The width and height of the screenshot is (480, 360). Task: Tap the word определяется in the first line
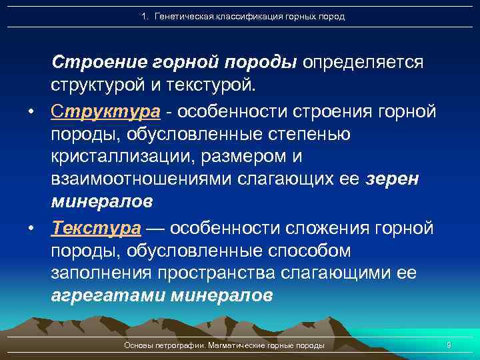363,62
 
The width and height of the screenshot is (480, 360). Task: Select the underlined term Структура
105,111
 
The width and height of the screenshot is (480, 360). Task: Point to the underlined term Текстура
96,228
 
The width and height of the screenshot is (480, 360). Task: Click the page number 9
449,345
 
